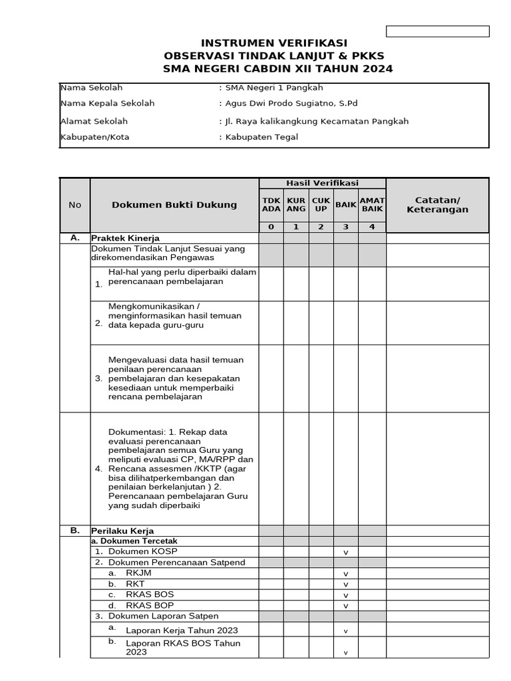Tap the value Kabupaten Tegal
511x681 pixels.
point(261,137)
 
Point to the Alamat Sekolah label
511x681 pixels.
point(94,121)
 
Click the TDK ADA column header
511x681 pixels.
point(271,205)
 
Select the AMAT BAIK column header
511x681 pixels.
point(372,205)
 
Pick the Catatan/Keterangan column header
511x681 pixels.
point(437,205)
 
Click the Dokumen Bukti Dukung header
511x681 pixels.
point(174,205)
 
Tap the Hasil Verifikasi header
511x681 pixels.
point(322,183)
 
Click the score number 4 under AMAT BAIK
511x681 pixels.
point(372,227)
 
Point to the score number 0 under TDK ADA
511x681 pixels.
point(271,227)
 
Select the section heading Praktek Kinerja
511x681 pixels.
point(125,238)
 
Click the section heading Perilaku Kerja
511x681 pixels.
point(122,531)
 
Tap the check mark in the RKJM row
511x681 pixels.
point(346,574)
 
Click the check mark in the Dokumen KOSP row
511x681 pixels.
point(346,553)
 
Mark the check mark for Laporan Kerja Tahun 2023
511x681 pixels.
point(346,631)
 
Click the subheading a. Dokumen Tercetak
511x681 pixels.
point(134,541)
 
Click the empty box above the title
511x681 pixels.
point(438,31)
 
